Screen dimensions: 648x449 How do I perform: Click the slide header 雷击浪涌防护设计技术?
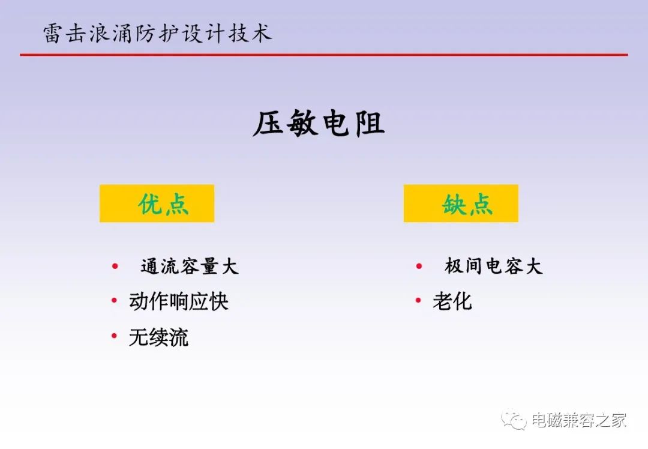tap(157, 33)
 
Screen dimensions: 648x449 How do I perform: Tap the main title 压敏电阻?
tap(319, 123)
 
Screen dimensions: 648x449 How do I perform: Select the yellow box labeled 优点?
tap(157, 203)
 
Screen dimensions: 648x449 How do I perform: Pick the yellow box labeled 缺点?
tap(461, 203)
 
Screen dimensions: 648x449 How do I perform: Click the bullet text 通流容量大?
tap(190, 266)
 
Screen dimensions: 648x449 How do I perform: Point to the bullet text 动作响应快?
tap(179, 301)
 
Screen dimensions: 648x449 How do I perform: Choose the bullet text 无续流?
tap(158, 337)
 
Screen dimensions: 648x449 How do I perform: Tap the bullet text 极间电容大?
tap(493, 266)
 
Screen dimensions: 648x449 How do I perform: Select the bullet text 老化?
tap(452, 301)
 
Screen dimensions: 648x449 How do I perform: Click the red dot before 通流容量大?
tap(115, 267)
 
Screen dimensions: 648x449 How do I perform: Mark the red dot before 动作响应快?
tap(115, 301)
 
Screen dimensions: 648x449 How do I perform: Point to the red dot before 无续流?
tap(115, 336)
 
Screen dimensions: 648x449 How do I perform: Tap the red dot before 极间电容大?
tap(419, 267)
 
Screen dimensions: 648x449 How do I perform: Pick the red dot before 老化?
tap(418, 301)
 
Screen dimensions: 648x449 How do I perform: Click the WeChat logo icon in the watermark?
tap(514, 419)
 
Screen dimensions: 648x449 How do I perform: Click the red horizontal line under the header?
tap(324, 55)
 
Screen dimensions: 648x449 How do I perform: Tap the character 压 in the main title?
tap(268, 123)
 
